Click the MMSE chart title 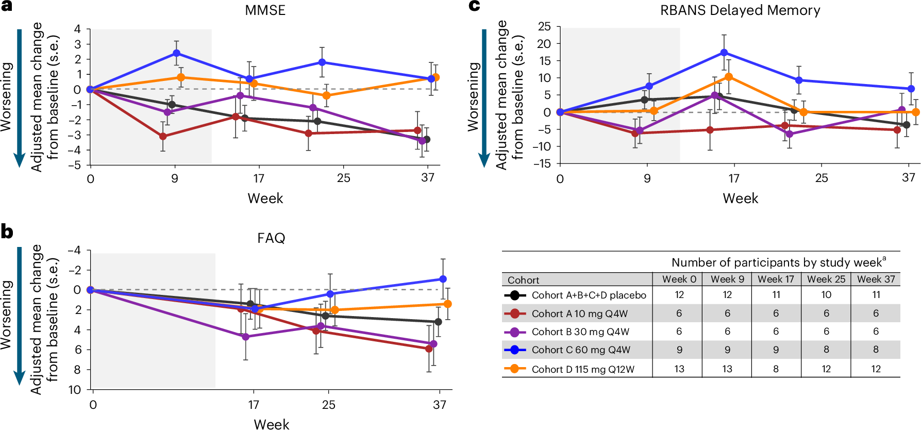[265, 10]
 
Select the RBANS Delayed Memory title [740, 10]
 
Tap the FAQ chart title [271, 238]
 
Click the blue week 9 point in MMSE [177, 53]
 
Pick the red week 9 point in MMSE [163, 136]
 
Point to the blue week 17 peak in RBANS [724, 53]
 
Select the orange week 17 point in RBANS [729, 77]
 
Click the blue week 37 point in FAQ [443, 279]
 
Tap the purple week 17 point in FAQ [245, 337]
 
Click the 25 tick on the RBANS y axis [544, 26]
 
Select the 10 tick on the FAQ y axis [75, 390]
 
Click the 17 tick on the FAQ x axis [253, 405]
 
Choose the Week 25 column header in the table [826, 279]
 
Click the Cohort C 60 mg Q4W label [581, 350]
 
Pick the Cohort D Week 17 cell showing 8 [776, 369]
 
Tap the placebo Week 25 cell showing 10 [826, 294]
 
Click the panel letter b [7, 231]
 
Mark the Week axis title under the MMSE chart [265, 199]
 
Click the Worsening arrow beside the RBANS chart [484, 98]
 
